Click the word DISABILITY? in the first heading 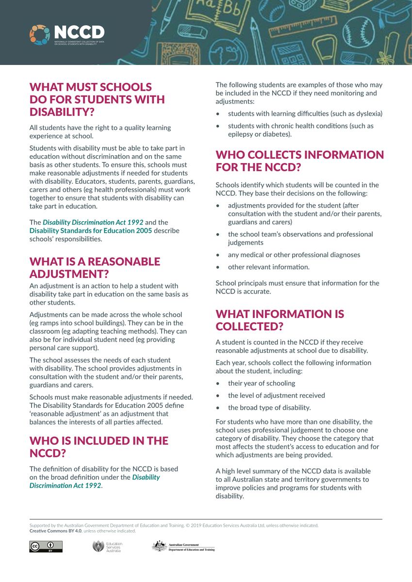(x=62, y=112)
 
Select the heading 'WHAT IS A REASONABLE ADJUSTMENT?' (x=95, y=268)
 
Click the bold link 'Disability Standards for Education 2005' (x=91, y=230)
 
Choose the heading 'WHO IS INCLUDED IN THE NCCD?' (x=99, y=447)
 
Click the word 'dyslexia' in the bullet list (x=367, y=113)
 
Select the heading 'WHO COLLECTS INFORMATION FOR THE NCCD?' (x=299, y=161)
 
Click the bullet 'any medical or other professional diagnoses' (x=294, y=255)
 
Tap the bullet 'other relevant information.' (x=268, y=267)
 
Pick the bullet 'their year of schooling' (x=261, y=384)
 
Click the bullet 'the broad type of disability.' (x=269, y=407)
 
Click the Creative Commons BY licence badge (x=46, y=546)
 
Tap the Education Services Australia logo (x=107, y=546)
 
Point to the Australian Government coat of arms (x=159, y=546)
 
